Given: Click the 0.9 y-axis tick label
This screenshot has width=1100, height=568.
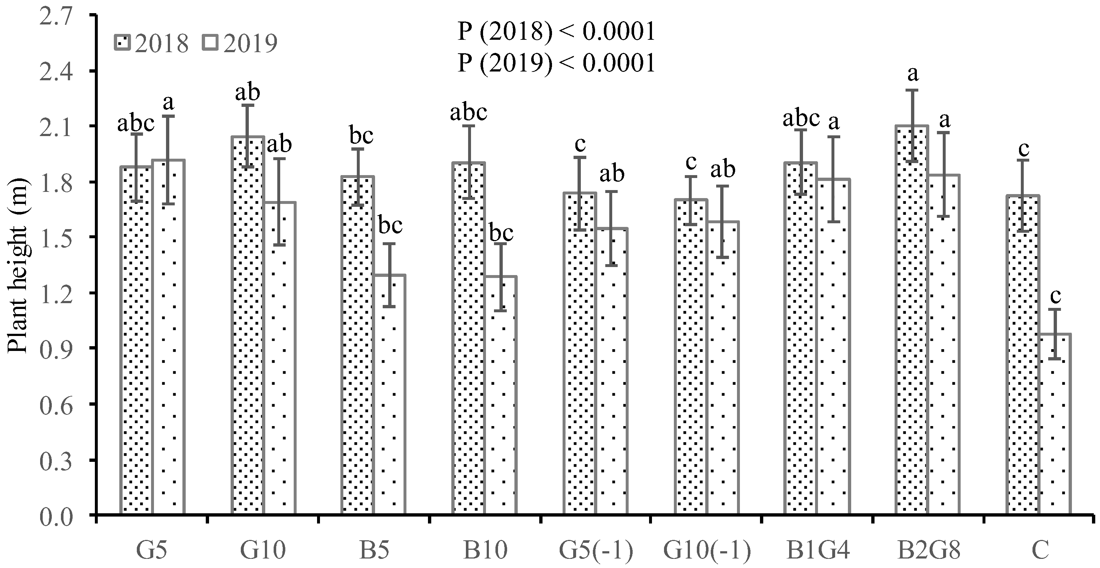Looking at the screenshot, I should click(x=56, y=348).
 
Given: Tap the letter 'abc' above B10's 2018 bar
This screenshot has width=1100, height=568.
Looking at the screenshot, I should click(x=468, y=113).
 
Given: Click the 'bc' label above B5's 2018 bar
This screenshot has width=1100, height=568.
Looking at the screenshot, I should click(x=361, y=136).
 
